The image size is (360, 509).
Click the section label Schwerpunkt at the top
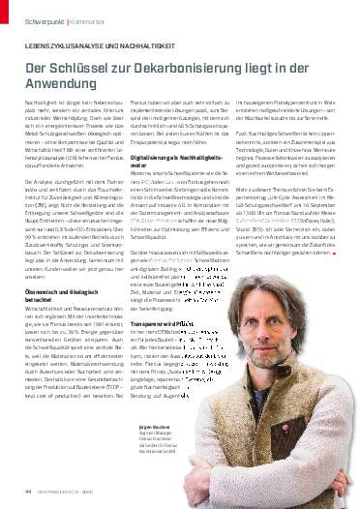45,20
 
